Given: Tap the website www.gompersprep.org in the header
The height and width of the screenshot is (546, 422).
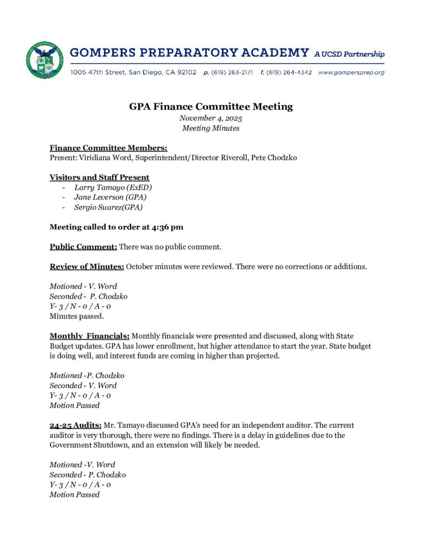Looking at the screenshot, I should [351, 72].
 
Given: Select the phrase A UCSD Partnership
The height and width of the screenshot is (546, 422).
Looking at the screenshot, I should [349, 54].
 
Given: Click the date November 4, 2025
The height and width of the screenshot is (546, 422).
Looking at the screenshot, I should [211, 118].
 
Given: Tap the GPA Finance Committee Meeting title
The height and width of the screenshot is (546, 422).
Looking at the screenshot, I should [211, 107].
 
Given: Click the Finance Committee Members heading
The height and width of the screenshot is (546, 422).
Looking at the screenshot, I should [108, 148].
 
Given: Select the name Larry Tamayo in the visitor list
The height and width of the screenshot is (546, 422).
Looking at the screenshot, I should [98, 187].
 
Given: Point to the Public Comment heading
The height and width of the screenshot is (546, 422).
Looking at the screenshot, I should [83, 247].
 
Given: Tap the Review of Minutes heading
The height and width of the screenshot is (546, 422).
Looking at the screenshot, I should [86, 267].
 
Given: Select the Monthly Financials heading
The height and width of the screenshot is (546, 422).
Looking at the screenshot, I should [90, 336].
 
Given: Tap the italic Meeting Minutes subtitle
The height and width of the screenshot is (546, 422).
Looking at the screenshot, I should [211, 129].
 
